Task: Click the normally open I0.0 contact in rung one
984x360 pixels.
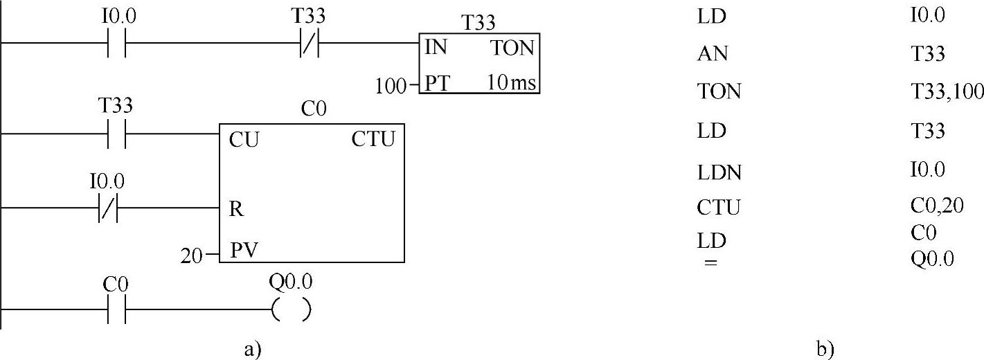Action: tap(116, 44)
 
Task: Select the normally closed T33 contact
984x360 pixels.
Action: tap(308, 44)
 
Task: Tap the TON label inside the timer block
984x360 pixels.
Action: tap(512, 48)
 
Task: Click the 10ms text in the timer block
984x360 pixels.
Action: tap(510, 84)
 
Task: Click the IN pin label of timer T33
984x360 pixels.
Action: tap(436, 48)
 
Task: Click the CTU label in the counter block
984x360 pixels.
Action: tap(373, 139)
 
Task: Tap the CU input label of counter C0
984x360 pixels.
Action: tap(243, 139)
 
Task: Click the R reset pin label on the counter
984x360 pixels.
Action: tap(235, 208)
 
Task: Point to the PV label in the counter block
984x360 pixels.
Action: tap(243, 249)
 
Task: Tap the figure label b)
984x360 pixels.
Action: tap(825, 350)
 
